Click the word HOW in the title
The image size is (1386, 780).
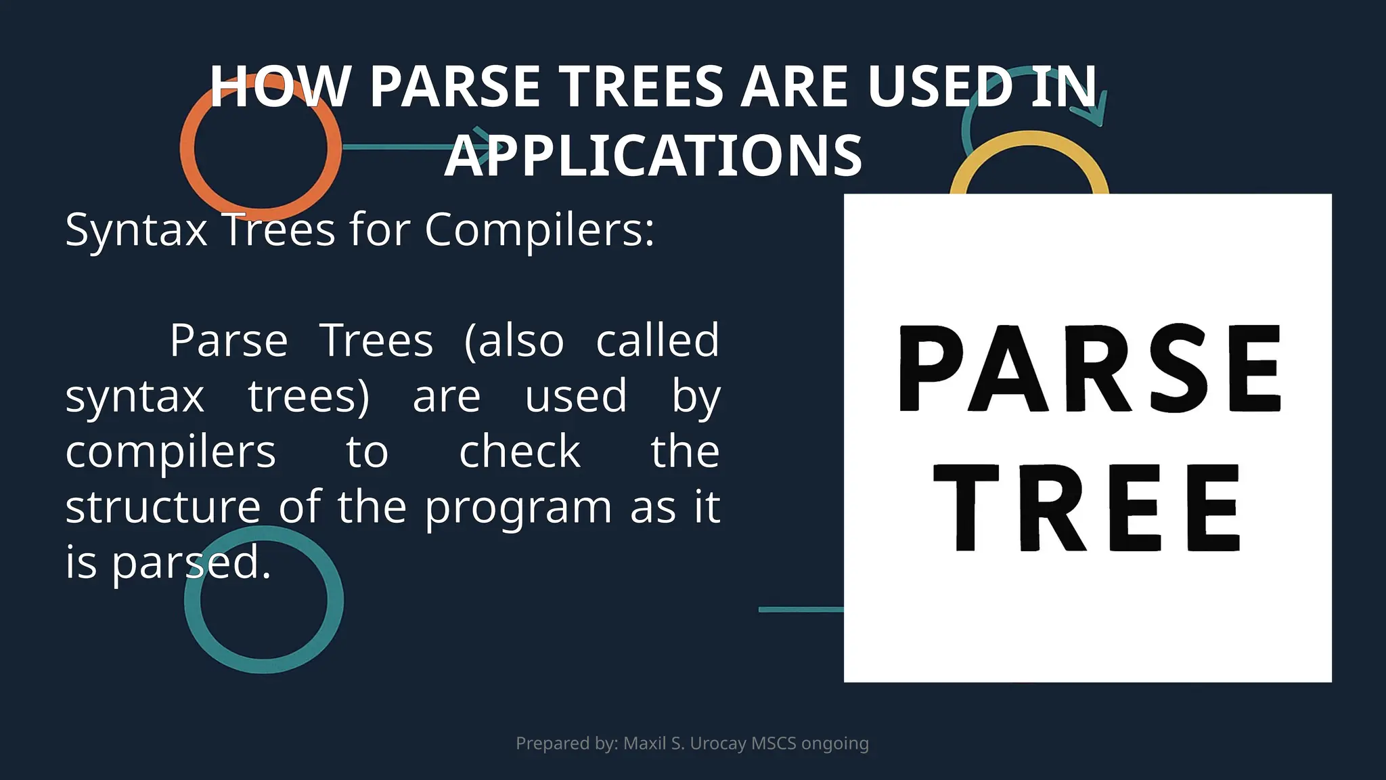pos(280,87)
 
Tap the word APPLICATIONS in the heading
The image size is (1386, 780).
pos(653,156)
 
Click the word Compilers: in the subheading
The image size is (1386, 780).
pos(539,230)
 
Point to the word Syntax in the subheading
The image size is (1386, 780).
pos(136,231)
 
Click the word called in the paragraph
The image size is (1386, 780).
pos(657,341)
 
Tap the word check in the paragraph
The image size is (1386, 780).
pos(519,452)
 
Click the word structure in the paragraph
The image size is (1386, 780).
pos(162,507)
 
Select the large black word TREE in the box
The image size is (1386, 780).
pos(1087,508)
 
